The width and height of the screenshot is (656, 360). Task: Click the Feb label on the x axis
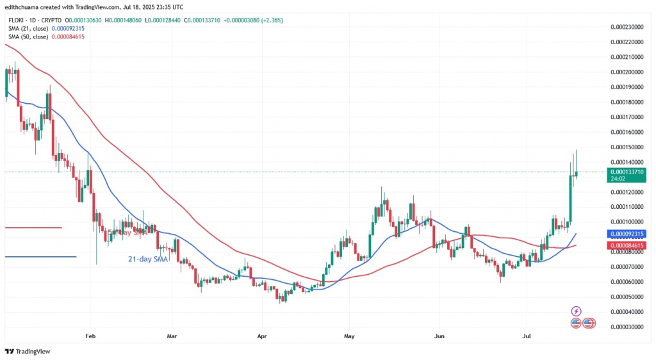[x=90, y=336]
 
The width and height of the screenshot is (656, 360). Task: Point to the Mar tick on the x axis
[x=171, y=336]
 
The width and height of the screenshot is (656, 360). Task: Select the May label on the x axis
[x=348, y=336]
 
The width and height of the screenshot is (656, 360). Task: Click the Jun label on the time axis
[x=439, y=336]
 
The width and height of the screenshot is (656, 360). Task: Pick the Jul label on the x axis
[x=527, y=336]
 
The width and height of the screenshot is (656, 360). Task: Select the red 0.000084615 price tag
[x=628, y=245]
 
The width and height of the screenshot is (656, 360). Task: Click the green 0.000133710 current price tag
[x=628, y=172]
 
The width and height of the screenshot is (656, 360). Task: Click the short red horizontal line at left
[x=33, y=227]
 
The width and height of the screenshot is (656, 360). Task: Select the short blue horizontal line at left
[x=40, y=257]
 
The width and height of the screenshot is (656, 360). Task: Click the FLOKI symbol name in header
[x=15, y=20]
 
